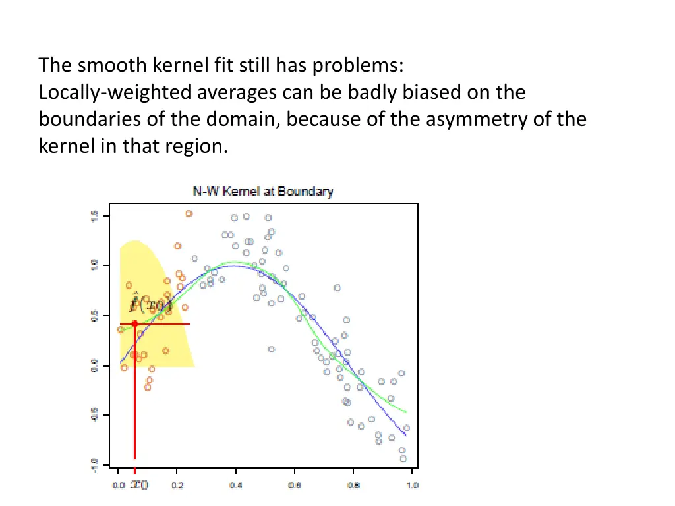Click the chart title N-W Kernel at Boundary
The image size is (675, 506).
[263, 192]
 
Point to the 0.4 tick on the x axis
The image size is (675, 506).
[235, 486]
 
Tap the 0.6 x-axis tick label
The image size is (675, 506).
[295, 486]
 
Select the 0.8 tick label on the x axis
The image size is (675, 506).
[353, 486]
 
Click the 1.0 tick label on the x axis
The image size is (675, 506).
[412, 486]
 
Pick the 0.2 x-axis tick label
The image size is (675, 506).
[177, 486]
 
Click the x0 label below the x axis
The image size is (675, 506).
[139, 486]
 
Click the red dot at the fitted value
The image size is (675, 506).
[134, 323]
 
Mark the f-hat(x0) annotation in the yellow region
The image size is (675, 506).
[150, 304]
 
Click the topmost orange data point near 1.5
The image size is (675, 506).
[189, 213]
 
